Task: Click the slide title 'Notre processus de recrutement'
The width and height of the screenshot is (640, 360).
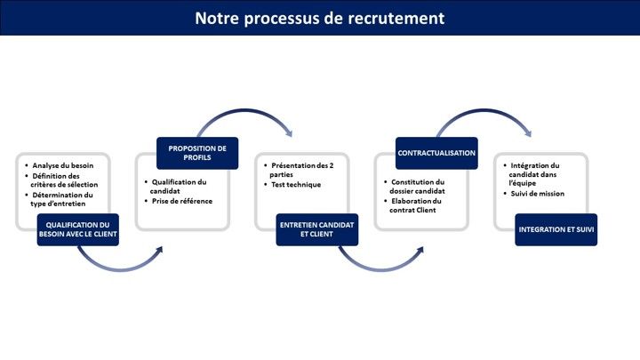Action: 320,18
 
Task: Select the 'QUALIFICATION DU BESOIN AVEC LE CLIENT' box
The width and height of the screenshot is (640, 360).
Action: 78,229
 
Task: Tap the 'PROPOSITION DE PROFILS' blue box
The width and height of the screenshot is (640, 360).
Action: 197,153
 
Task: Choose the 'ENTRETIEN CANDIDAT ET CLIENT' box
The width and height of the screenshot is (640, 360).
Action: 317,229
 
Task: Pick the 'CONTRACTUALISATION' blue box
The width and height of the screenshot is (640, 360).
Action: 436,153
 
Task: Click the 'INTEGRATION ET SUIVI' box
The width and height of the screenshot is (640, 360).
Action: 556,229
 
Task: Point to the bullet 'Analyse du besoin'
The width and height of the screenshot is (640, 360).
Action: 60,165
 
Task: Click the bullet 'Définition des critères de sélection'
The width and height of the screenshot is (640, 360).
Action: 61,180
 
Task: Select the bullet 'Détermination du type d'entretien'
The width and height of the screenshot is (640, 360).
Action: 60,199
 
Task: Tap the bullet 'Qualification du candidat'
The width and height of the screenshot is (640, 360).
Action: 175,186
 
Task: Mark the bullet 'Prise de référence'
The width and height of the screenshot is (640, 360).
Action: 179,201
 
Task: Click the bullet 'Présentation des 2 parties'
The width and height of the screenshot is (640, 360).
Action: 299,170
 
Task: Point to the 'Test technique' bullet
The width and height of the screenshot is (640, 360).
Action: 292,185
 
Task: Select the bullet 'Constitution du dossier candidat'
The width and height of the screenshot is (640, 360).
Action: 414,186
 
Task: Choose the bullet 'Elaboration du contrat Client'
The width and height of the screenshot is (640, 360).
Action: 412,205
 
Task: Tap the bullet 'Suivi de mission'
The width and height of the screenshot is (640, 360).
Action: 534,194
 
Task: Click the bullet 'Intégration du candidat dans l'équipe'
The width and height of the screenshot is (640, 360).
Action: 532,174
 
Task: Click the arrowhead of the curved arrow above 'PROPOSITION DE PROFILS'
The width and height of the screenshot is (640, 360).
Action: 289,132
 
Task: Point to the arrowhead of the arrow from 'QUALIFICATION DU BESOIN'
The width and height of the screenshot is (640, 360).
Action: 159,250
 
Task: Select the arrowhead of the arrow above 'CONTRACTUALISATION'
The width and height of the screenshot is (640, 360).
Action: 528,132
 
